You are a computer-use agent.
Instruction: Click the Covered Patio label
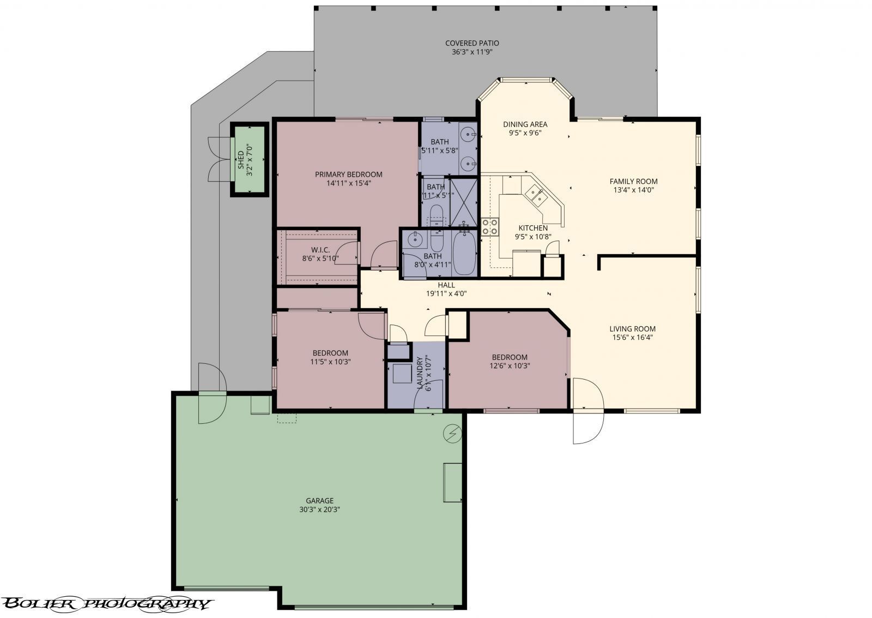(x=471, y=43)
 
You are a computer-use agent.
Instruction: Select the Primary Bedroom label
(x=348, y=175)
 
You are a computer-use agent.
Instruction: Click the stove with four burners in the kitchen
(x=489, y=226)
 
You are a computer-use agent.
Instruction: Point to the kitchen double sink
(x=536, y=195)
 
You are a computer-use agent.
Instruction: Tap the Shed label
(x=240, y=159)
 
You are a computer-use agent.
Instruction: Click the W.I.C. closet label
(x=320, y=250)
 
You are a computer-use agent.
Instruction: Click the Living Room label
(x=632, y=329)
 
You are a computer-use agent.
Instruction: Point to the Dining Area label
(x=525, y=124)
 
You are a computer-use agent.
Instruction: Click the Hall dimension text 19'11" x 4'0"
(x=446, y=293)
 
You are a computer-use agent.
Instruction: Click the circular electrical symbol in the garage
(x=452, y=433)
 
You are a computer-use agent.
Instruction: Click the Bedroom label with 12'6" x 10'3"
(x=508, y=357)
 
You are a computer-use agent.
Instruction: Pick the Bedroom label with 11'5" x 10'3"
(x=330, y=352)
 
